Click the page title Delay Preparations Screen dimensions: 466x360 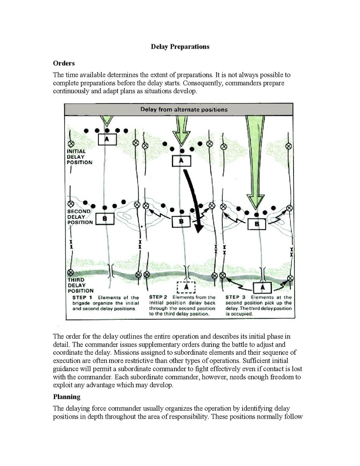click(x=180, y=47)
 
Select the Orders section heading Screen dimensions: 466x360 click(x=64, y=63)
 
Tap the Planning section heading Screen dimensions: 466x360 click(x=66, y=397)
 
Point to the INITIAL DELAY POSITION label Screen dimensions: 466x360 click(x=80, y=157)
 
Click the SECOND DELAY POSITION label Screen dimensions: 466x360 click(x=80, y=217)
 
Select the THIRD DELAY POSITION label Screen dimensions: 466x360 click(x=80, y=285)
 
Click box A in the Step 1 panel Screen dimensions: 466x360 click(x=107, y=139)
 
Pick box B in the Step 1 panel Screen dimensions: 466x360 click(x=104, y=219)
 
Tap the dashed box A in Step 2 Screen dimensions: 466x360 click(x=186, y=287)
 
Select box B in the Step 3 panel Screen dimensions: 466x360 click(x=257, y=224)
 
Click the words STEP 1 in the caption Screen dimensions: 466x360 click(x=82, y=298)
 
